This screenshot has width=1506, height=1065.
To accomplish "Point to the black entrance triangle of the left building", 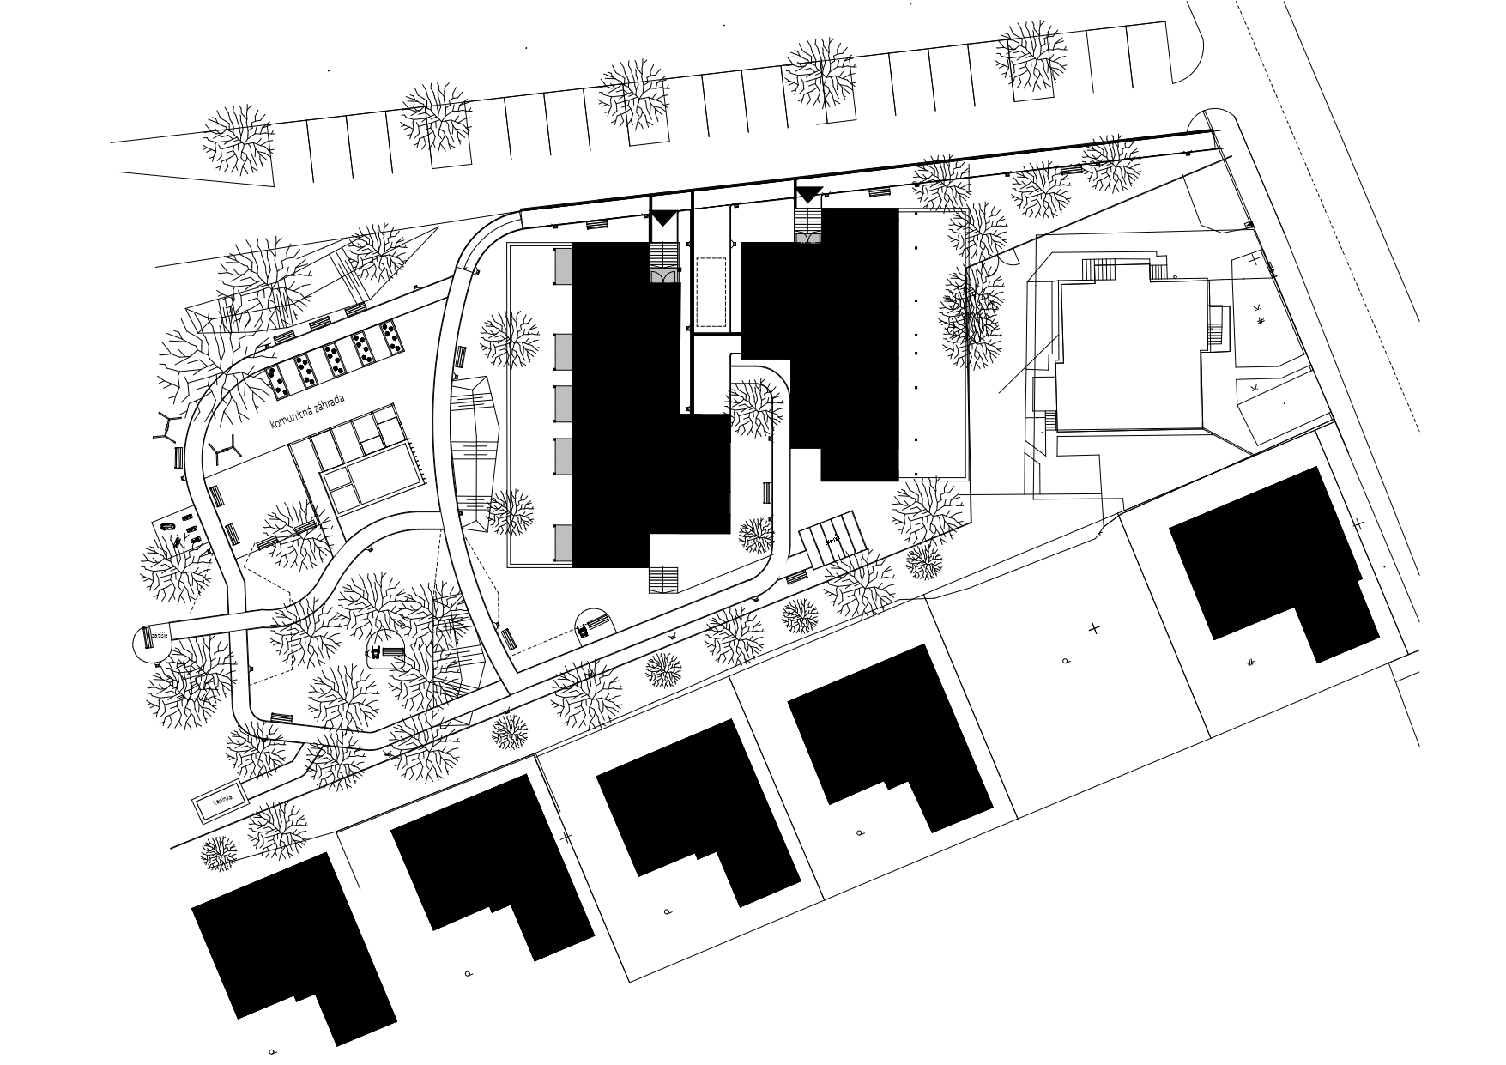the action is point(662,219).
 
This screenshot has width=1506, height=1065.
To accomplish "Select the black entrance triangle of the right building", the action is point(808,195).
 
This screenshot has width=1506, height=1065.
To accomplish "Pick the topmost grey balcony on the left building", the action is point(562,266).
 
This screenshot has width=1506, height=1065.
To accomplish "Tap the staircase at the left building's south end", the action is point(663,580).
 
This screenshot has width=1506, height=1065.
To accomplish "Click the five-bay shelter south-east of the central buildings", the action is point(832,536).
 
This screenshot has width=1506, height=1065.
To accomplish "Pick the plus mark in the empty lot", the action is point(1094,629).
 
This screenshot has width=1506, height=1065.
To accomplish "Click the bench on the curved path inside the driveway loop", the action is point(767,493).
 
